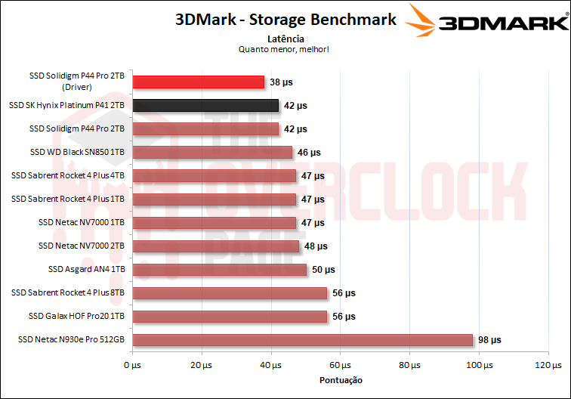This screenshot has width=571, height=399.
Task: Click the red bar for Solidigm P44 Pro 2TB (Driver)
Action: [198, 82]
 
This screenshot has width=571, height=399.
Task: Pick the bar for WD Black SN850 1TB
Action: [212, 152]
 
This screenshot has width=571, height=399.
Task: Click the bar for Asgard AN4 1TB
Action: [219, 269]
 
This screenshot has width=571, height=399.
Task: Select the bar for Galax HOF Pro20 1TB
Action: [230, 316]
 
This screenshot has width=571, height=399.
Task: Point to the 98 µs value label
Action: [489, 340]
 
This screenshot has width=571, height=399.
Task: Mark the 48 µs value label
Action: [316, 246]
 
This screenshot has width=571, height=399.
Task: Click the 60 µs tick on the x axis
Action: [340, 366]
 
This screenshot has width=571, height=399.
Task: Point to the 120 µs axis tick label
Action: [548, 366]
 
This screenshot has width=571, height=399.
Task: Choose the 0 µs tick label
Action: [132, 366]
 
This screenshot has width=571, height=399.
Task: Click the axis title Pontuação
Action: [341, 380]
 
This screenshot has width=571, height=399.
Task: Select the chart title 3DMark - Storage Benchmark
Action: [285, 20]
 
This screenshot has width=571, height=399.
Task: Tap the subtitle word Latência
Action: [285, 38]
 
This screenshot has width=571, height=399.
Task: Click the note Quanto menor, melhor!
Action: [285, 49]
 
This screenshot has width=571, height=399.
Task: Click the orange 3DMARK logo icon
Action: [424, 21]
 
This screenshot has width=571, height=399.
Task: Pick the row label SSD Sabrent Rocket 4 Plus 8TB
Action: [67, 292]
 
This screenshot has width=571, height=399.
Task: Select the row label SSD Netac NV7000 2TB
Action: [81, 246]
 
